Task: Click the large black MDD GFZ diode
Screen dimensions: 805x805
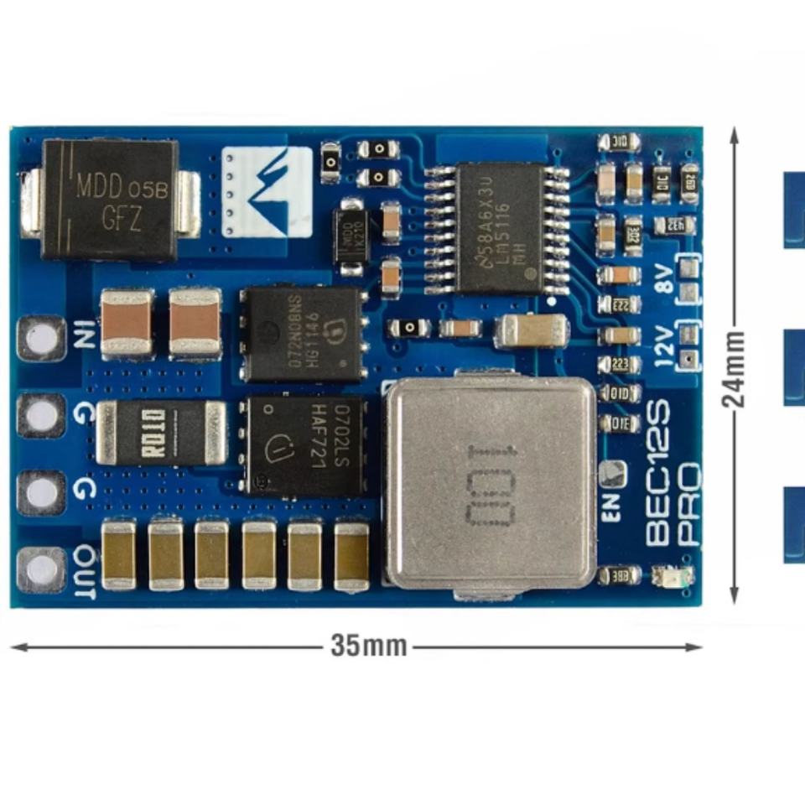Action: [x=110, y=200]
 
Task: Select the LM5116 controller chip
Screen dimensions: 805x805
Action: [x=499, y=227]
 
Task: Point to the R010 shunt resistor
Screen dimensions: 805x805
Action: [x=161, y=432]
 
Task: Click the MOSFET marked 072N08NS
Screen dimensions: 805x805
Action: [x=301, y=335]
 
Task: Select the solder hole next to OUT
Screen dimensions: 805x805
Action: [x=41, y=570]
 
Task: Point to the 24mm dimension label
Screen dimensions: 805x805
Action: [x=735, y=369]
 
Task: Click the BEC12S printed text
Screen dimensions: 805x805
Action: [x=658, y=474]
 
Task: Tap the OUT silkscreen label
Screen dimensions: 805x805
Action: [x=86, y=572]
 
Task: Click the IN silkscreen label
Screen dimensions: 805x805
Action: [x=84, y=336]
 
